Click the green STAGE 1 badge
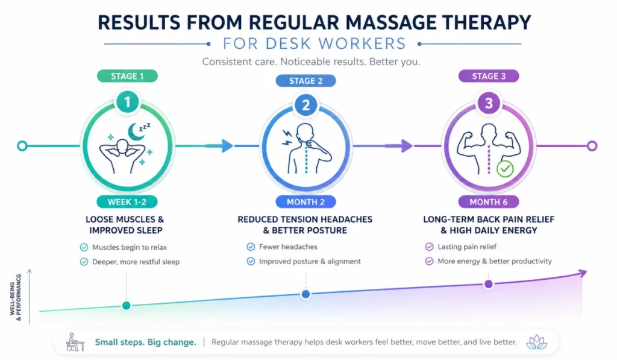tap(127, 76)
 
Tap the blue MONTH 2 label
tap(305, 202)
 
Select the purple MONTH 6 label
tap(488, 202)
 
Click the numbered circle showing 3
tap(489, 103)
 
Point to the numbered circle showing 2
tap(305, 105)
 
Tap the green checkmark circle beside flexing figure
tap(505, 169)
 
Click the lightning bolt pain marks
tap(287, 137)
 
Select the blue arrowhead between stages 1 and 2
tap(227, 146)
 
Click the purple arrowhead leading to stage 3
tap(407, 146)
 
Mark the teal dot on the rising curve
tap(127, 306)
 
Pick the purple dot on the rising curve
tap(488, 284)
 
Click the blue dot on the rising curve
tap(305, 294)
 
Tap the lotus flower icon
tap(536, 342)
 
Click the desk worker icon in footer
tap(75, 342)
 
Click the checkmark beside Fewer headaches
tap(251, 247)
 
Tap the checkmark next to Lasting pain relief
tap(429, 247)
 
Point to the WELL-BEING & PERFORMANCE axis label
tap(15, 297)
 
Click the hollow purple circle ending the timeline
tap(592, 146)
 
